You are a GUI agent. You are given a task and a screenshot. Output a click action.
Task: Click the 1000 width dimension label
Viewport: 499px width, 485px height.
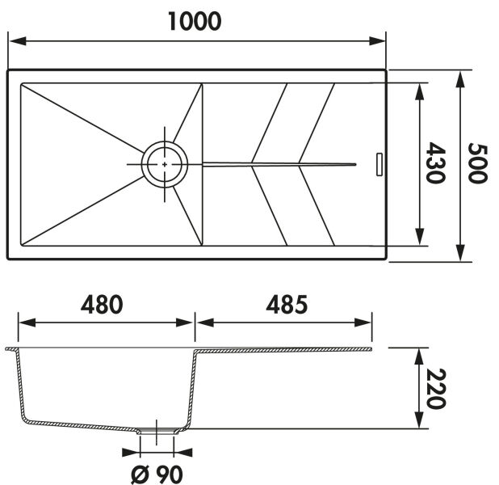195,22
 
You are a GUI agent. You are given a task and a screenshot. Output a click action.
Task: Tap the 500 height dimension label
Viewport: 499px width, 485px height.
478,163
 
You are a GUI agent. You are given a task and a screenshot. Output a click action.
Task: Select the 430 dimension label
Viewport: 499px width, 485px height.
436,162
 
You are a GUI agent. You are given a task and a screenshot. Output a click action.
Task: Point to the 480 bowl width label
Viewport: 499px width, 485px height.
102,304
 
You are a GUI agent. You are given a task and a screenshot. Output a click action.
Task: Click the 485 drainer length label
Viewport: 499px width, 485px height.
287,304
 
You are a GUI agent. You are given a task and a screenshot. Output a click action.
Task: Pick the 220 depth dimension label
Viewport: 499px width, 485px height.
436,389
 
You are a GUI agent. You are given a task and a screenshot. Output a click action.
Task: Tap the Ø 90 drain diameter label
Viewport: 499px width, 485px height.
157,474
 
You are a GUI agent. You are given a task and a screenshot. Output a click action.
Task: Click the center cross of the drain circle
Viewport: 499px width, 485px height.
165,164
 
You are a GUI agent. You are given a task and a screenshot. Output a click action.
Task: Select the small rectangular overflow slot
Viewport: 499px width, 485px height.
379,164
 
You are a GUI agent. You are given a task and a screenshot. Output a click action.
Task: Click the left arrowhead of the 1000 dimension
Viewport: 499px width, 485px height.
18,41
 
